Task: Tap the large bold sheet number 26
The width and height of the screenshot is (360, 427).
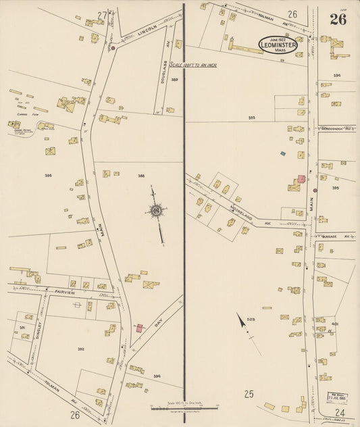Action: pyautogui.click(x=338, y=19)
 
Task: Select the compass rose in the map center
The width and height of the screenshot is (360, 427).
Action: pyautogui.click(x=156, y=211)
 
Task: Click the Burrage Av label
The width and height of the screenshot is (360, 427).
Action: pyautogui.click(x=338, y=237)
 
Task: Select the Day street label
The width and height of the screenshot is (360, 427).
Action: pyautogui.click(x=159, y=325)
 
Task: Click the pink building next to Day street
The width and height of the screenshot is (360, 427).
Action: pyautogui.click(x=140, y=328)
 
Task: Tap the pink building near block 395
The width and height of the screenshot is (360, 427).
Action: pyautogui.click(x=302, y=178)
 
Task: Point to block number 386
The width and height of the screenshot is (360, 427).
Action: pyautogui.click(x=48, y=176)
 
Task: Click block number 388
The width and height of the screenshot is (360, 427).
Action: pyautogui.click(x=141, y=176)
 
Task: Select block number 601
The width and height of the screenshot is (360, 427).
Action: pyautogui.click(x=335, y=324)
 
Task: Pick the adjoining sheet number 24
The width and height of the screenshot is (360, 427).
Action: pyautogui.click(x=339, y=413)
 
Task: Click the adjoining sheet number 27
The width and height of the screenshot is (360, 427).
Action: pyautogui.click(x=102, y=14)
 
